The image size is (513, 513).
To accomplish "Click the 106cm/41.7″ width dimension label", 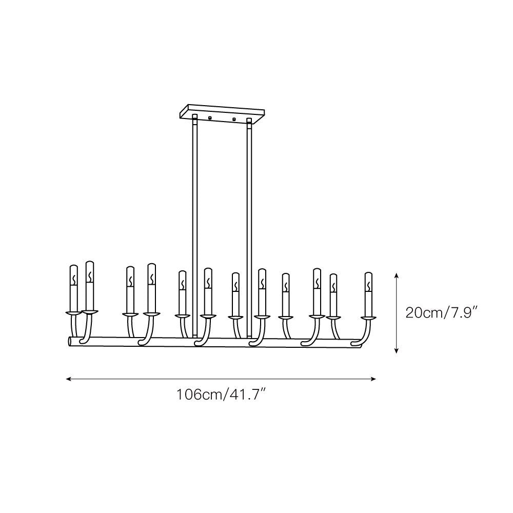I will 221,395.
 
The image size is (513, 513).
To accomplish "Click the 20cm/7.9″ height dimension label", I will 442,312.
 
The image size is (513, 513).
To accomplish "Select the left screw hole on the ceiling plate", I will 209,119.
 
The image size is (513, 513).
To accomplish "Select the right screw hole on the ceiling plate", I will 233,120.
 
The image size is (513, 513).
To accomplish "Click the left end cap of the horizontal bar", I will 70,342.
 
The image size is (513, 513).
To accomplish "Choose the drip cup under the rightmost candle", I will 368,319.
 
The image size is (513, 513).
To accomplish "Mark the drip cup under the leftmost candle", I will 73,311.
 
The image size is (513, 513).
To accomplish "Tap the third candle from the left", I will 130,289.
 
